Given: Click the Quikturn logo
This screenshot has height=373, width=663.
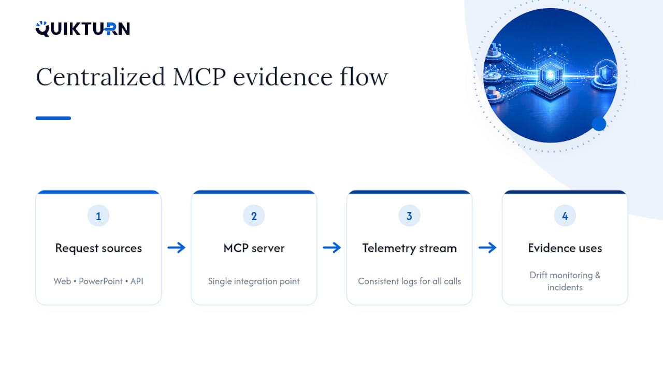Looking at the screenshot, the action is click(82, 28).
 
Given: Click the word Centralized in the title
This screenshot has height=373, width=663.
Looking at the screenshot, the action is click(100, 77).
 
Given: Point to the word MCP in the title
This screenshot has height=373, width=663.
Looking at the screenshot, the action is click(199, 77).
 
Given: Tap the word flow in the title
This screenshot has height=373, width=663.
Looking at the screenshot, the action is click(364, 77).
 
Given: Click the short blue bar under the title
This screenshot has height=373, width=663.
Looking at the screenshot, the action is click(53, 118).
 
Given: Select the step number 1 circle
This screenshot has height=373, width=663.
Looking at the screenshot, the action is click(98, 216).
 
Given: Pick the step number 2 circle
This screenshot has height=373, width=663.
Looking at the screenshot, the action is click(254, 216).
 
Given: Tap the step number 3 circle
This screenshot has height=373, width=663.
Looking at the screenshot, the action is click(409, 216).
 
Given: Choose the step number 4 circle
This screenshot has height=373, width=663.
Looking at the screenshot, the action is click(565, 216).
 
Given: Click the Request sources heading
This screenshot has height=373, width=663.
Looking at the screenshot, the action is click(98, 248).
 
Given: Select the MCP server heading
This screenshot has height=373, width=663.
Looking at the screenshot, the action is click(254, 248).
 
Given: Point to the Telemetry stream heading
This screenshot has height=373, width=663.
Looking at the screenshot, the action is click(409, 248).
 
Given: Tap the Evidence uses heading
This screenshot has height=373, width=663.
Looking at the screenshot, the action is click(565, 248).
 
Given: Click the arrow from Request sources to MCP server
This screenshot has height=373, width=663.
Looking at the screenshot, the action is click(177, 248).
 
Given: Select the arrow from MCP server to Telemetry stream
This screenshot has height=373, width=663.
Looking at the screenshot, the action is click(332, 248).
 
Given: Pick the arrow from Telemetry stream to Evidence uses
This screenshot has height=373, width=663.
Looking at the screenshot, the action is click(487, 248).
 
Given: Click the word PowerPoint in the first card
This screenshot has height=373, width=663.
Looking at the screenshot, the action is click(100, 281).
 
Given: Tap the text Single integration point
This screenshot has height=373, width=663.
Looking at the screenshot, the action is click(254, 281).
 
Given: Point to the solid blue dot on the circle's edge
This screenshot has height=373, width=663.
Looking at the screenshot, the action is click(599, 124).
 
